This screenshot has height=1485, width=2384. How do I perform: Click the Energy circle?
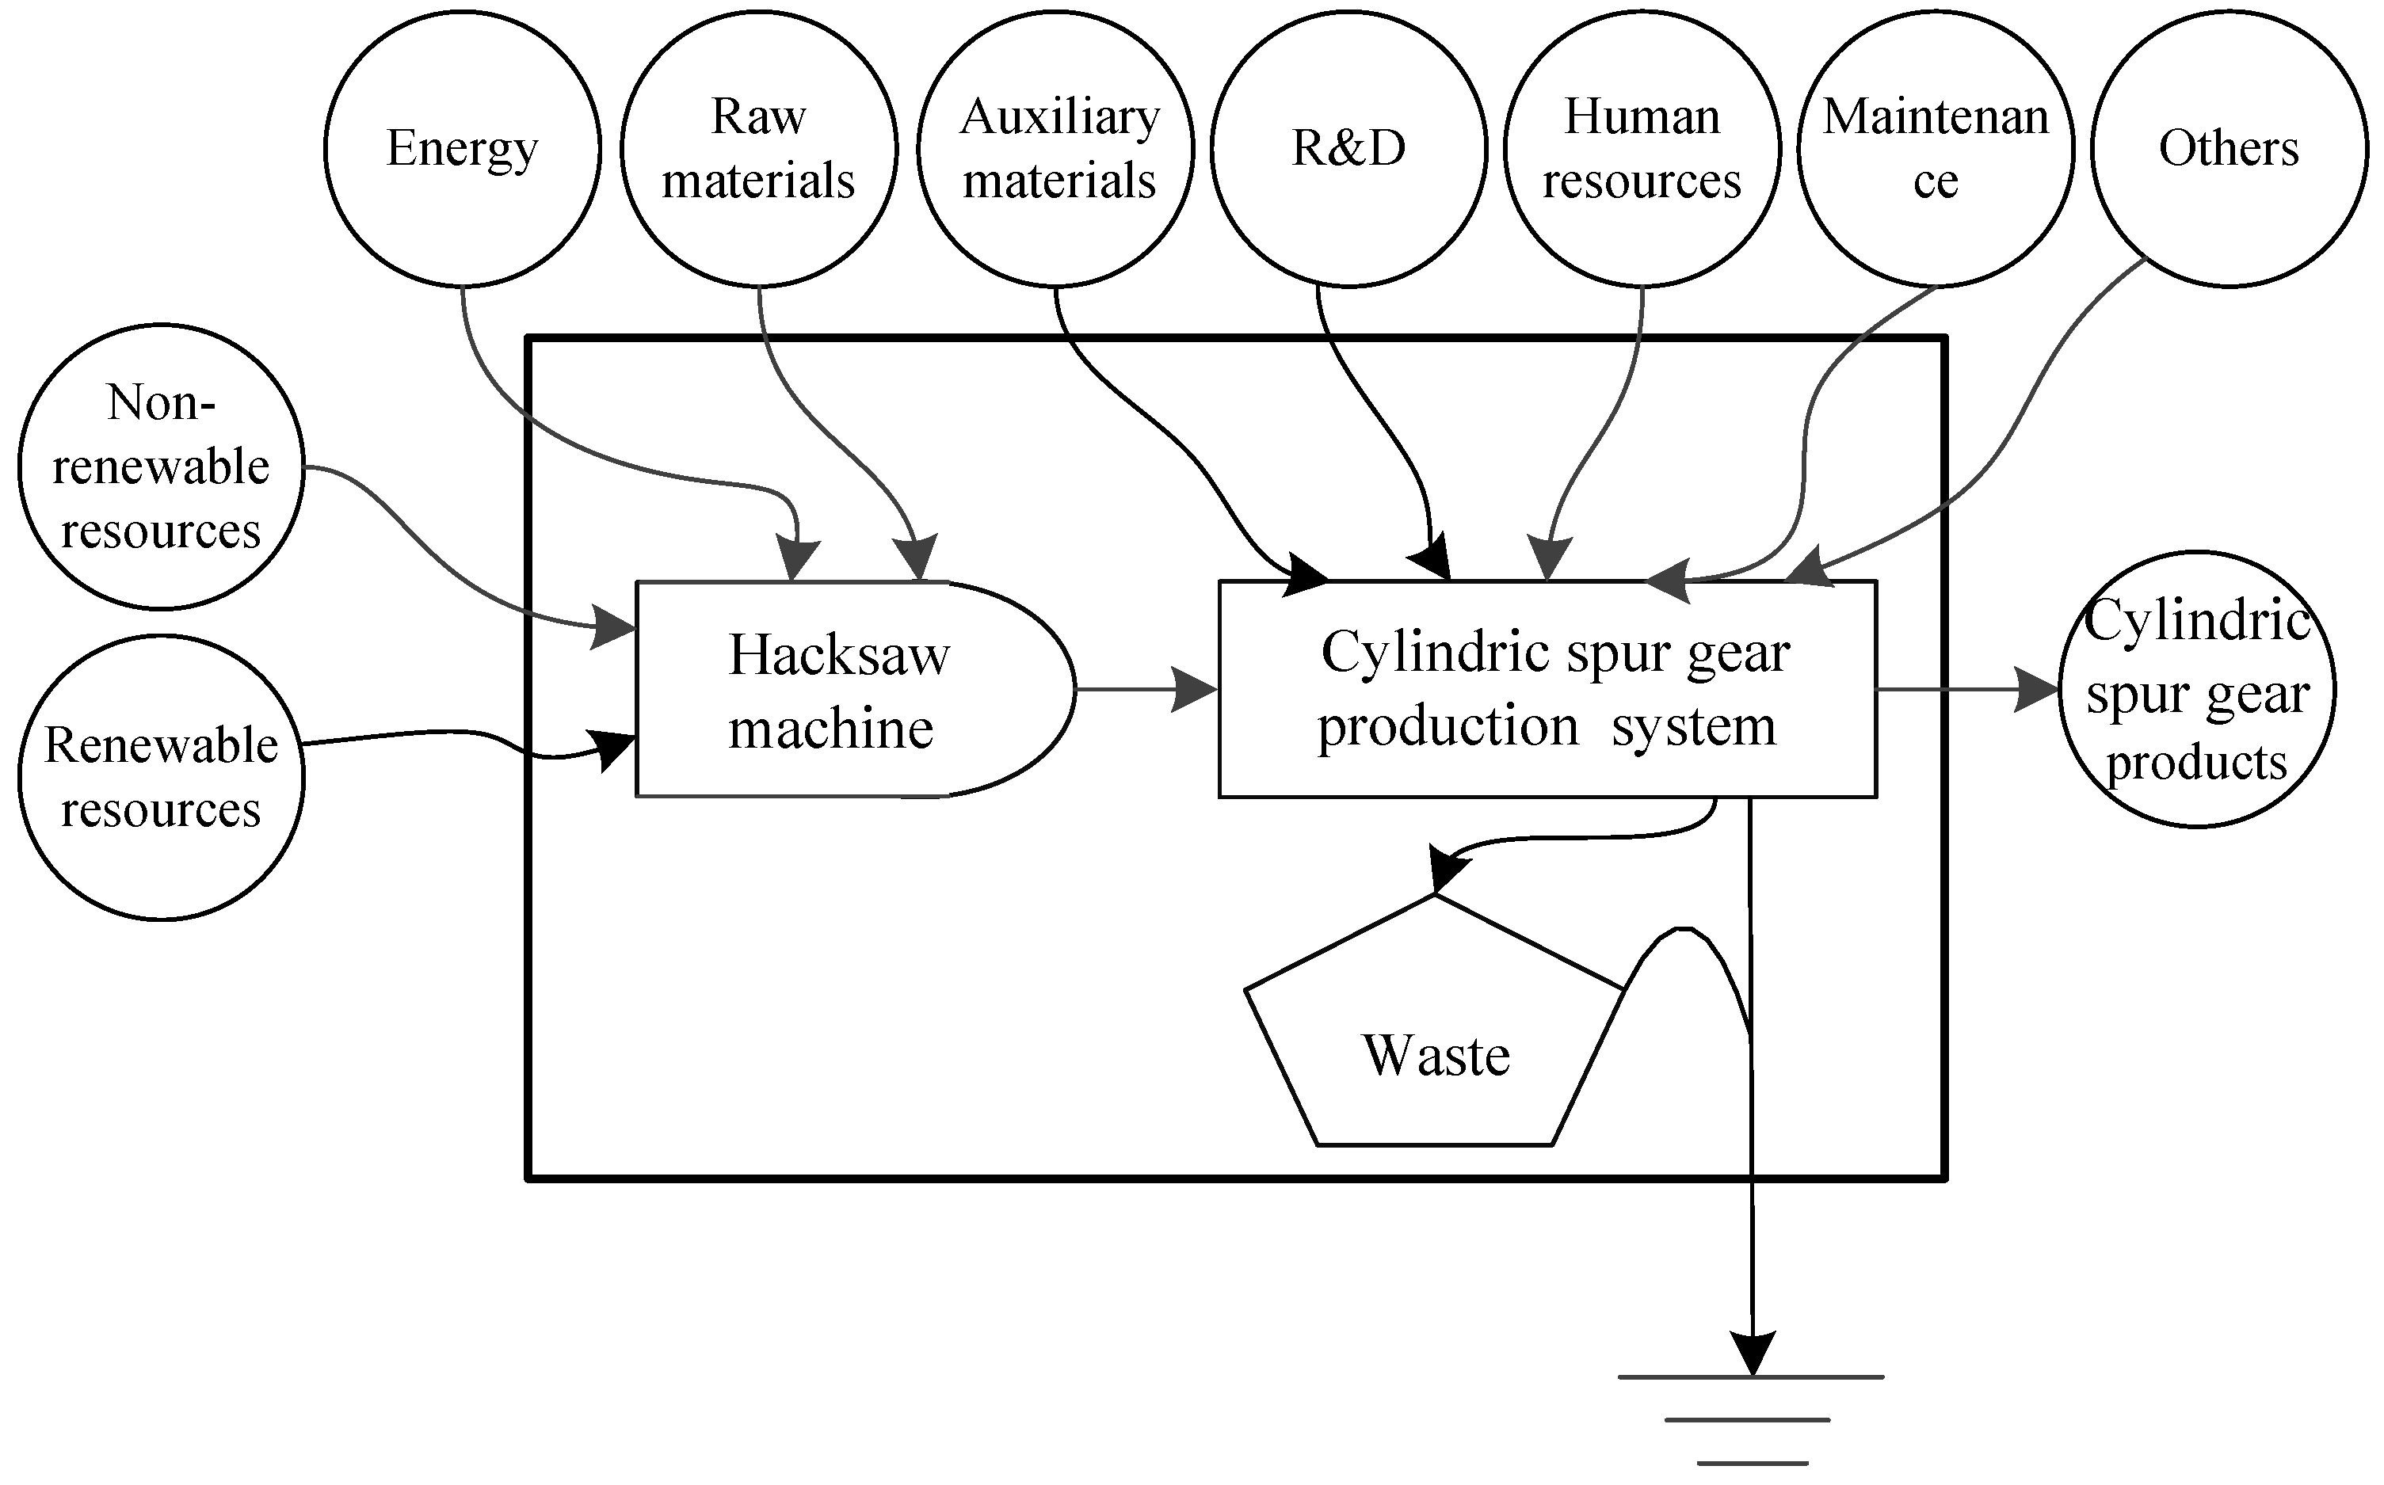pos(462,148)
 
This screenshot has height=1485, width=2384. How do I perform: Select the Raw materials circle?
pos(758,148)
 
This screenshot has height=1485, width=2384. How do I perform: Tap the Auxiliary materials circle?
pos(1056,148)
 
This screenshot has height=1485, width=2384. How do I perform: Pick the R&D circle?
pos(1348,148)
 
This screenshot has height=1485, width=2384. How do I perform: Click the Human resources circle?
pos(1642,148)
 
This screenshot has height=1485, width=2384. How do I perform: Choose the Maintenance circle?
pos(1935,148)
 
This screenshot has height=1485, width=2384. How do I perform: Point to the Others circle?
pos(2229,148)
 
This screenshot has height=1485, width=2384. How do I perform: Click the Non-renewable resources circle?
pos(160,466)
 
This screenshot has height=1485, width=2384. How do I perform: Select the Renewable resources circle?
pos(160,777)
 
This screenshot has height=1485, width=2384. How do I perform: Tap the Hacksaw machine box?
pos(835,690)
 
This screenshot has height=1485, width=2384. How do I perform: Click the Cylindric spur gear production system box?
pos(1547,690)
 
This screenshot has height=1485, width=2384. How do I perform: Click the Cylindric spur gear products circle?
pos(2196,690)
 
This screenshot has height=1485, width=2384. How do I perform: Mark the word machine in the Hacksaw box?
pos(831,729)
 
